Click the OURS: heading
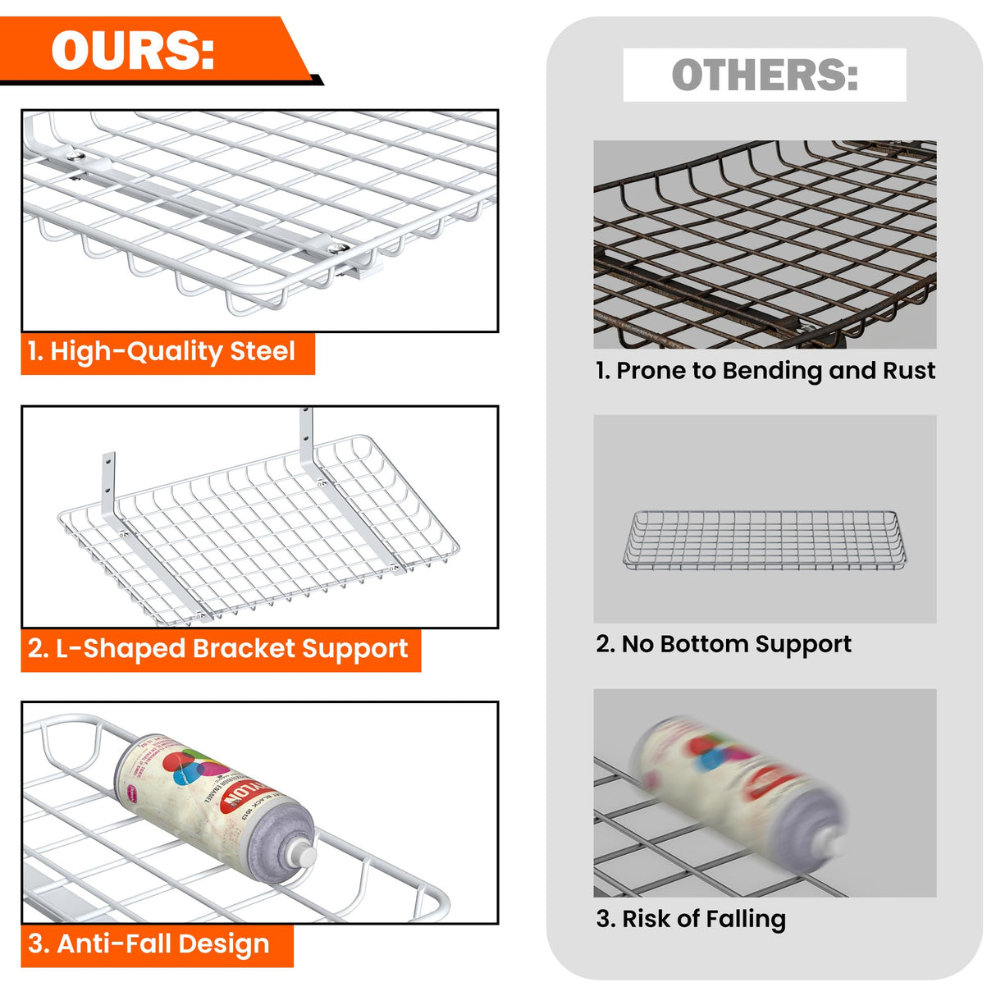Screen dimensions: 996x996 [133, 51]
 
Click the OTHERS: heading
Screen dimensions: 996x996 [764, 75]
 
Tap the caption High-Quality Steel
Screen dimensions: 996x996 [162, 352]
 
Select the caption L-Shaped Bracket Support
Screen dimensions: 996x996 [218, 649]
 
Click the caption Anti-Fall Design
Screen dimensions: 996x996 [149, 944]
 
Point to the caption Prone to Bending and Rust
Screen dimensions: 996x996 [765, 371]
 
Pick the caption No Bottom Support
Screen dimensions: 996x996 [724, 644]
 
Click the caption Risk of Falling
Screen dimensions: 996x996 [691, 918]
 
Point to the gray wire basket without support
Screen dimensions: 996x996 [764, 539]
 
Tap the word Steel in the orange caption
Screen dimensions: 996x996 [262, 352]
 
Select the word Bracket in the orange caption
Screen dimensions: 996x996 [244, 649]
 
